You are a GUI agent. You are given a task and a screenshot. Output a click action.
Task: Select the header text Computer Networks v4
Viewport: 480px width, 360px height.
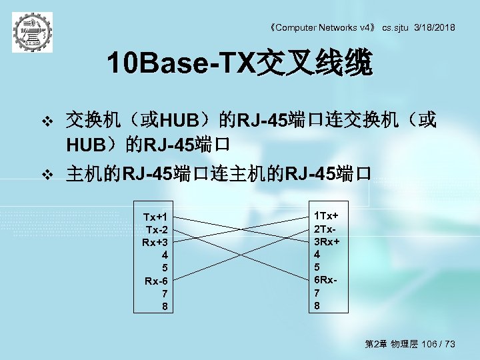click(x=326, y=27)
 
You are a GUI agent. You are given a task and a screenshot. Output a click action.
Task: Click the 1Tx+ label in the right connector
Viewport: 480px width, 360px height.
click(x=327, y=215)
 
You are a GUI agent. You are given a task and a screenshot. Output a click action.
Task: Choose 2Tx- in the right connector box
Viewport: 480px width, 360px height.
click(x=325, y=228)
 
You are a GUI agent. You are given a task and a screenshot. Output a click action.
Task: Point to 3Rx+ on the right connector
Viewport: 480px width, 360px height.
click(x=327, y=241)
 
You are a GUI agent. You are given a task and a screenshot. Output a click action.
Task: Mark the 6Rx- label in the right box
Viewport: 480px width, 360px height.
click(x=325, y=280)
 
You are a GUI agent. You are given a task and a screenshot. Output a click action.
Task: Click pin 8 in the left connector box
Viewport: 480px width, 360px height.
click(x=165, y=307)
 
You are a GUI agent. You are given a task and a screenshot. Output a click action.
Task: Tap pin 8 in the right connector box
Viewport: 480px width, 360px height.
click(x=317, y=306)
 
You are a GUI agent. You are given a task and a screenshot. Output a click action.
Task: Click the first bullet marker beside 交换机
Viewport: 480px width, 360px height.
click(x=47, y=121)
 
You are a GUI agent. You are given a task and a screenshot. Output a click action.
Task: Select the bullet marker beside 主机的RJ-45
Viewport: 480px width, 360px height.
click(x=47, y=175)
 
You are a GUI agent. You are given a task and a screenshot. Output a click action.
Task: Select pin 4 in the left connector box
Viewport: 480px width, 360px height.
click(x=165, y=255)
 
